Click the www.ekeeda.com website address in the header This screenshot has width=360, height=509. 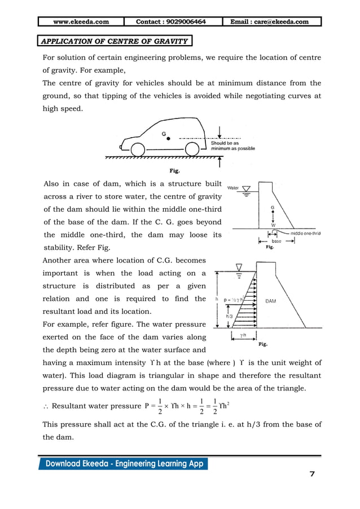[81, 22]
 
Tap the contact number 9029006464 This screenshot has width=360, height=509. [171, 22]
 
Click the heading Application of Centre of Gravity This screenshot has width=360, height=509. [115, 41]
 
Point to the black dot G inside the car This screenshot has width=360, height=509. [168, 138]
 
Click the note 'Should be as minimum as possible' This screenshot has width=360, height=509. [232, 146]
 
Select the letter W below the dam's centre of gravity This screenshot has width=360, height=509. [273, 224]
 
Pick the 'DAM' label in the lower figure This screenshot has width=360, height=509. [271, 301]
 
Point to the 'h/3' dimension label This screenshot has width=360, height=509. [229, 317]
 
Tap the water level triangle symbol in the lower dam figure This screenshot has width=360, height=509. [240, 266]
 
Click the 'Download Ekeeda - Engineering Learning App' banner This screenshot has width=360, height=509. [123, 464]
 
